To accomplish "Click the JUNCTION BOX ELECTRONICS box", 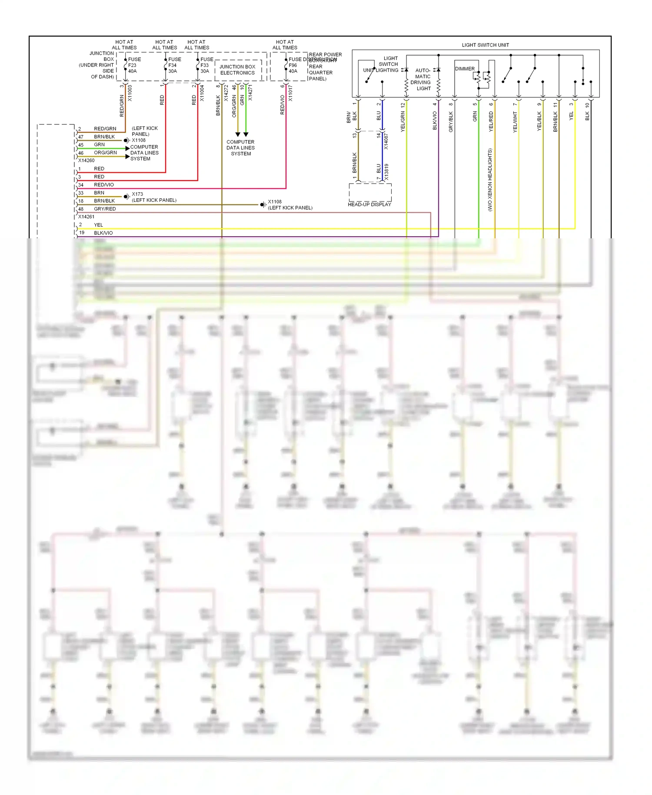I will click(x=237, y=70).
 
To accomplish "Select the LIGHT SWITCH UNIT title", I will click(x=485, y=45).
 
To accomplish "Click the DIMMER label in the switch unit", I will click(x=465, y=69).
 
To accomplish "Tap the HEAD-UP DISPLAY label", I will click(x=369, y=204).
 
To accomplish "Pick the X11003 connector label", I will click(x=130, y=93).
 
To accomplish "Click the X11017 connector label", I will click(x=290, y=93).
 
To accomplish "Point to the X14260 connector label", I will click(x=86, y=160).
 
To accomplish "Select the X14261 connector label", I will click(x=86, y=217).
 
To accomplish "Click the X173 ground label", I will click(x=137, y=194).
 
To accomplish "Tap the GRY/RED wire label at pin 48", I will click(x=105, y=209).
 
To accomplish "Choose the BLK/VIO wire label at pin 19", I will click(x=103, y=233).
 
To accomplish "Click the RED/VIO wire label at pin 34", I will click(x=104, y=185).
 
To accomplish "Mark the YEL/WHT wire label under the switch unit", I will click(x=515, y=122).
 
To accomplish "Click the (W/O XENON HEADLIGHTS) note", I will click(x=490, y=180).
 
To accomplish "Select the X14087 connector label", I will click(x=386, y=141).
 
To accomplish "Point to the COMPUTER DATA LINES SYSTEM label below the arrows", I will click(x=240, y=148).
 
